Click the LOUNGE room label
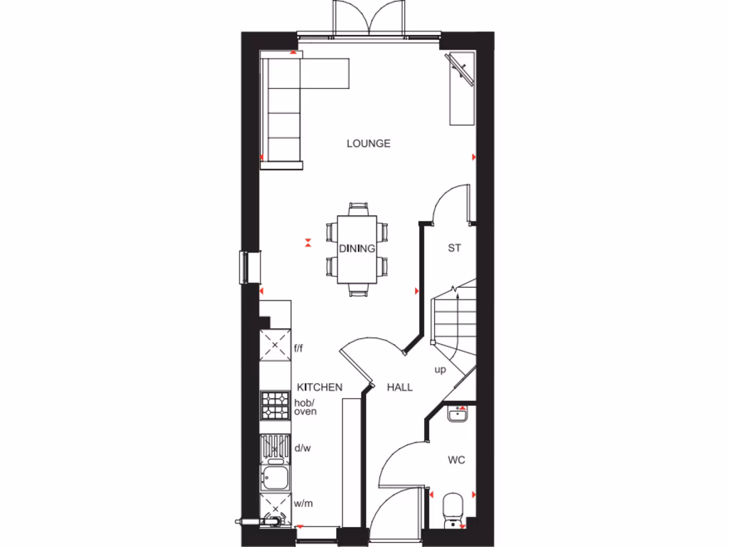(368, 143)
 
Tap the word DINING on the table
(357, 249)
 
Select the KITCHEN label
(320, 387)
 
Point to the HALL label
(399, 387)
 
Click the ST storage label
(454, 249)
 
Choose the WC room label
(456, 460)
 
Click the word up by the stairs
(441, 370)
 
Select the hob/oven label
(305, 407)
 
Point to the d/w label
(302, 448)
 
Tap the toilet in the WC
(452, 509)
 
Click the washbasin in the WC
(456, 412)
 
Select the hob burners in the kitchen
(275, 405)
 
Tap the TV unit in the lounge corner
(461, 88)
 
